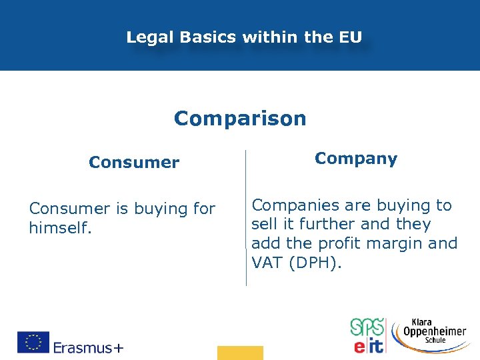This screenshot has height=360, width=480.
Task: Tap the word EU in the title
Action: (x=349, y=37)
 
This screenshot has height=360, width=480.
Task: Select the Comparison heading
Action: (x=240, y=119)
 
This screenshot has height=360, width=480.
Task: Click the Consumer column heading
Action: (x=134, y=163)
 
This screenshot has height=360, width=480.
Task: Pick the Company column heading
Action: (x=356, y=159)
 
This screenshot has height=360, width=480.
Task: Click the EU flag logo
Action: (x=33, y=342)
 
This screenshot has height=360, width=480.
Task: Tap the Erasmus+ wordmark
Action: (x=88, y=347)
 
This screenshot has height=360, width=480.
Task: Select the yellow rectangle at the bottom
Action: (x=240, y=353)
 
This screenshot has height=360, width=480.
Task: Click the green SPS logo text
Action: (x=367, y=327)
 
